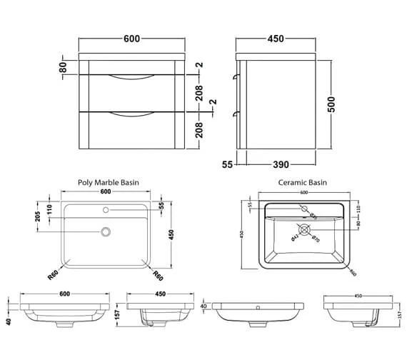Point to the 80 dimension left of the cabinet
(x=63, y=67)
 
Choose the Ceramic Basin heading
(x=303, y=182)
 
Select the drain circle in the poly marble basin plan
(x=106, y=231)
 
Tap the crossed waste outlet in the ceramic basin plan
(x=305, y=230)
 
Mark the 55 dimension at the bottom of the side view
(x=228, y=164)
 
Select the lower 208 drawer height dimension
(x=200, y=129)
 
